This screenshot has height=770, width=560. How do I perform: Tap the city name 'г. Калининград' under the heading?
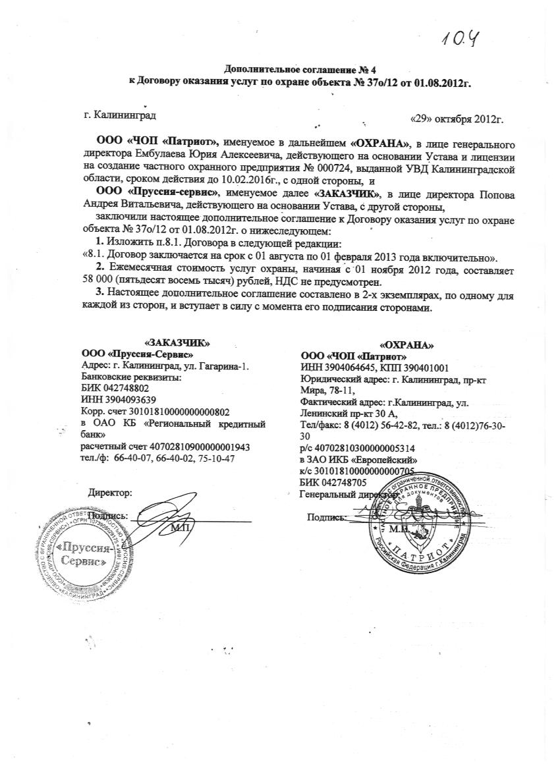pyautogui.click(x=120, y=115)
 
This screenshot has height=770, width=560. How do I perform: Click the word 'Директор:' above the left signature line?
pyautogui.click(x=111, y=491)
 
